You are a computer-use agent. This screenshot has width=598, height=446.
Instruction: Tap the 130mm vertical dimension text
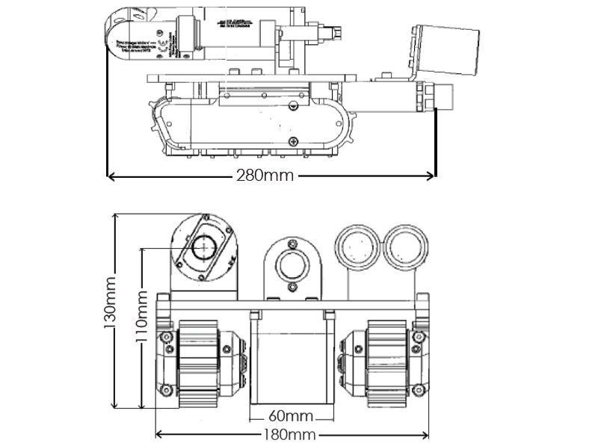click(111, 309)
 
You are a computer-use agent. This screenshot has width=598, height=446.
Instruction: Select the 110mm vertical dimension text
click(139, 329)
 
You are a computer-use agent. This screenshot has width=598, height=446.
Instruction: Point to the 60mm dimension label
click(290, 415)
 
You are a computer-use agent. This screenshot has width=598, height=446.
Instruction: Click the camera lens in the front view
click(203, 247)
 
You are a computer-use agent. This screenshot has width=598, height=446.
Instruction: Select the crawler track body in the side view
click(250, 127)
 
